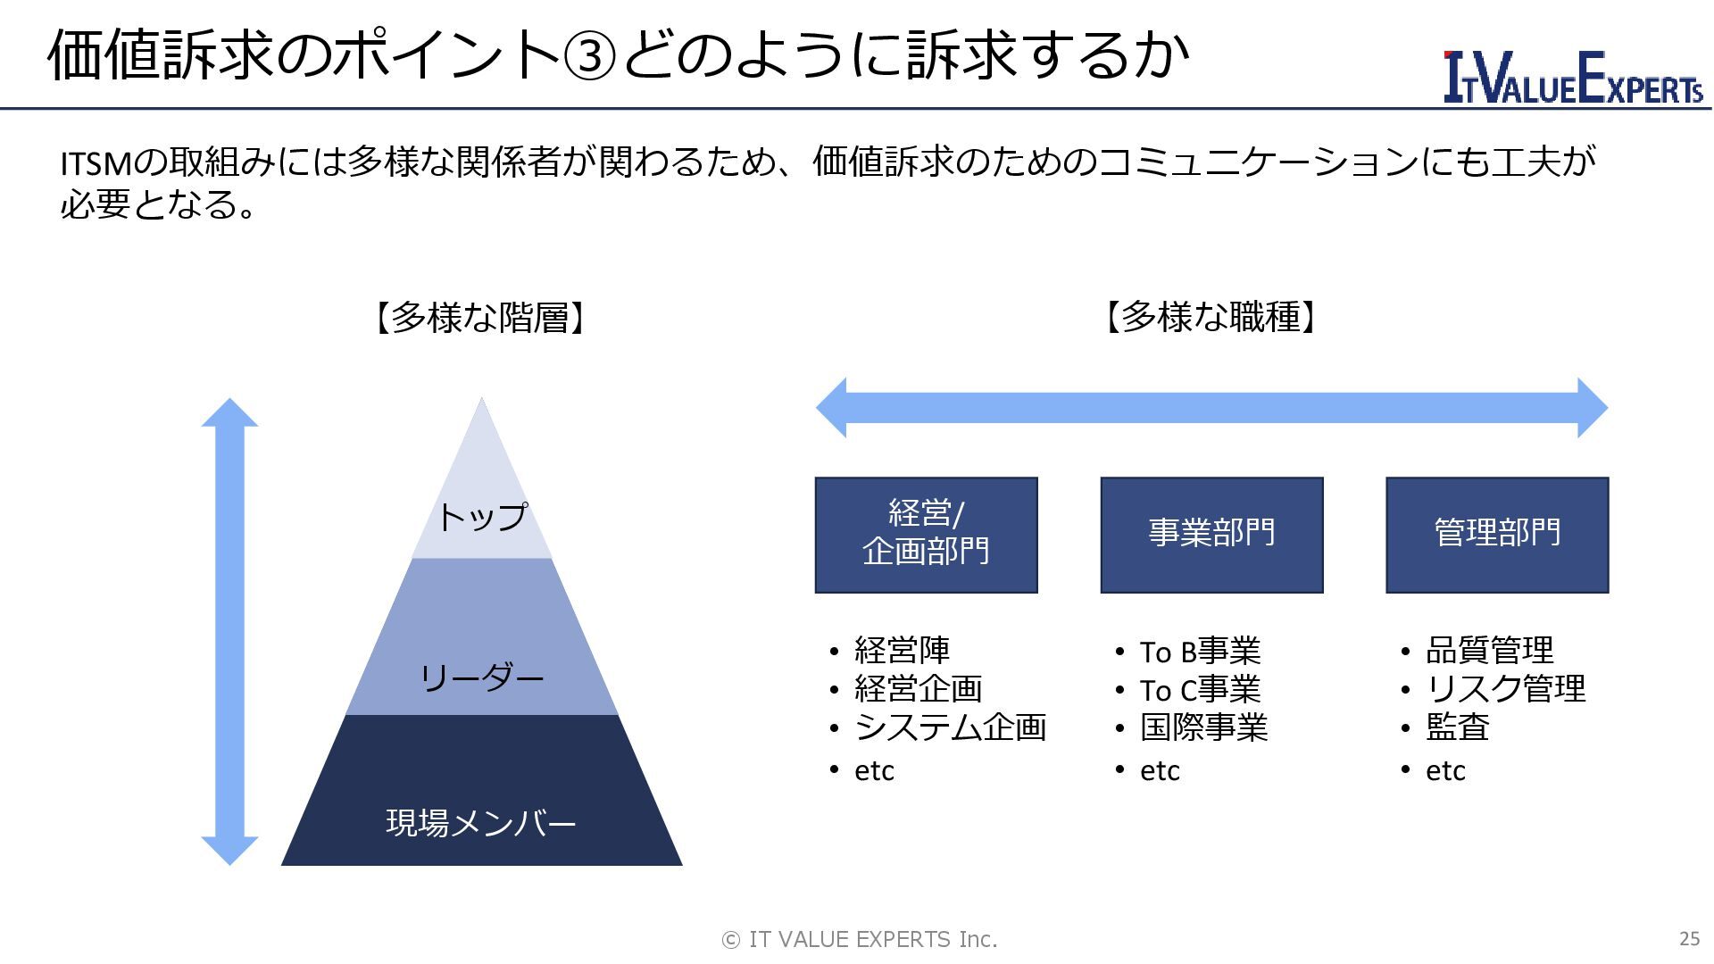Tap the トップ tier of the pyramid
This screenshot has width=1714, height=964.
482,516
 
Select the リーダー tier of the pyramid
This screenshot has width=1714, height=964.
482,678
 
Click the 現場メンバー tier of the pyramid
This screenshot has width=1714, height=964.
482,821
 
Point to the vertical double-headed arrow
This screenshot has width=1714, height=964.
229,631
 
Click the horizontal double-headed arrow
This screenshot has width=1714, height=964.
1211,408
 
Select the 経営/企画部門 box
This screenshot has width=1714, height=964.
926,535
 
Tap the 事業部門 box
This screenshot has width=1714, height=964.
1211,535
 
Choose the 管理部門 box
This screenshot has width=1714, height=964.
1497,535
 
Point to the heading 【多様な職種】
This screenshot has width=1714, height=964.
1211,318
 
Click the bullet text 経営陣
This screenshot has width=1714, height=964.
902,650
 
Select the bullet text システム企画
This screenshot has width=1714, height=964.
950,727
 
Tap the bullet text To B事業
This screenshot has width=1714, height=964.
1200,652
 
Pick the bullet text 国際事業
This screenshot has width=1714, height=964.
1203,727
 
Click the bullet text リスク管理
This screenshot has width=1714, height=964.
1505,688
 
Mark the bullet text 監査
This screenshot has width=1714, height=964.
1457,727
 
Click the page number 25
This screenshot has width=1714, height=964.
1689,938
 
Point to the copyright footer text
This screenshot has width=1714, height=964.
859,939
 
